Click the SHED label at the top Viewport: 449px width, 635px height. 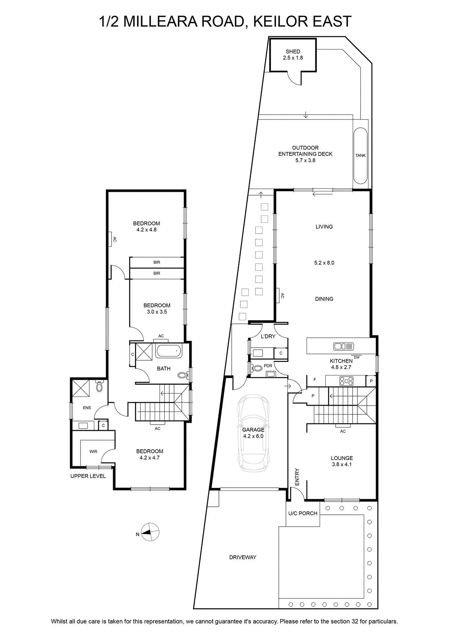pos(293,52)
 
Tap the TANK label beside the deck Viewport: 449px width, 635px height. pos(360,155)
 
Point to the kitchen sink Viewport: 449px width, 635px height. pos(343,346)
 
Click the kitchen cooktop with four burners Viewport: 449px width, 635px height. pos(346,381)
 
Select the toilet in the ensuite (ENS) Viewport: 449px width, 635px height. pos(99,386)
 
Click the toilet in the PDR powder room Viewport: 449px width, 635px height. pos(257,368)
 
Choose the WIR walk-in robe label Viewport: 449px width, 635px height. pos(93,452)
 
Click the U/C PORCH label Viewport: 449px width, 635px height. pos(303,514)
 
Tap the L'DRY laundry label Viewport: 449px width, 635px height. pos(268,336)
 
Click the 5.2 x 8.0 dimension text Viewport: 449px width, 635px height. pos(324,263)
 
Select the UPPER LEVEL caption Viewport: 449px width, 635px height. pos(88,476)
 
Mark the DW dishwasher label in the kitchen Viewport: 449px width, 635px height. pos(357,358)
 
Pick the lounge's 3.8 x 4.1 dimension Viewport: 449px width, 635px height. pos(342,464)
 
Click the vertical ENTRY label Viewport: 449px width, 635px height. pos(297,477)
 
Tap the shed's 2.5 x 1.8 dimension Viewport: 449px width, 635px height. pos(293,58)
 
